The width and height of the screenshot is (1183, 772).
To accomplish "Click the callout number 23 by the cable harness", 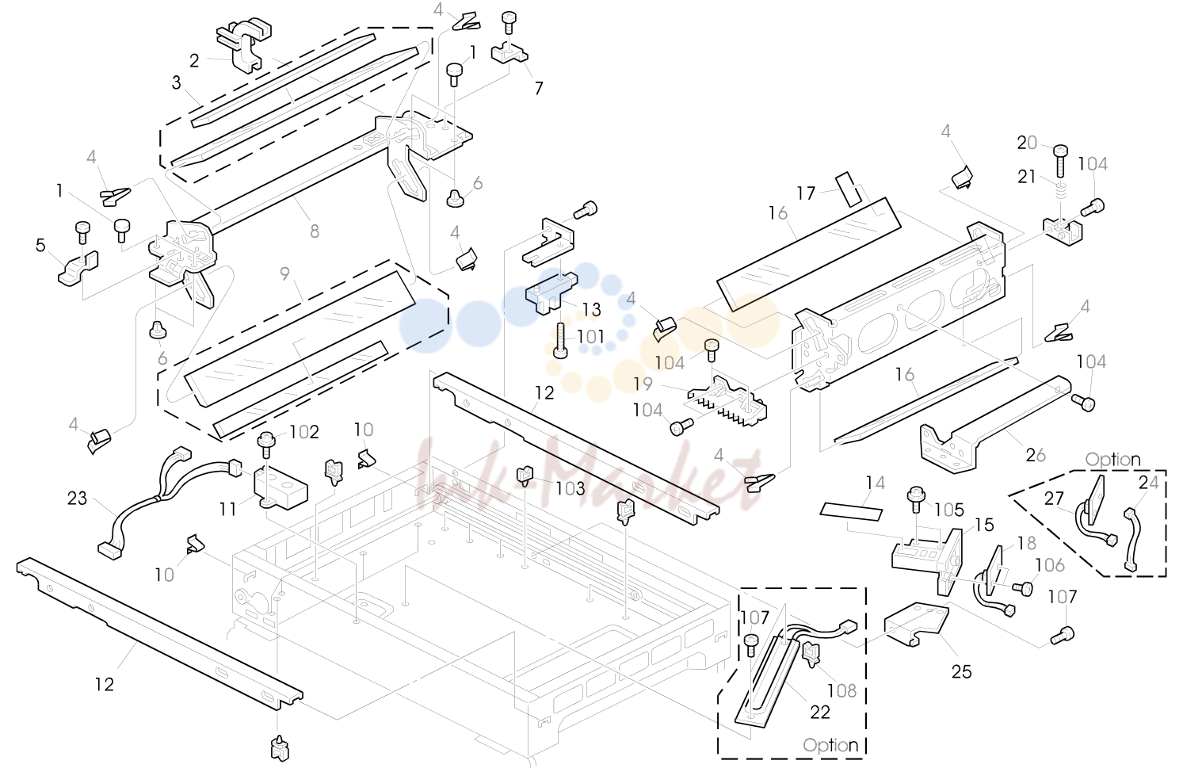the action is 77,499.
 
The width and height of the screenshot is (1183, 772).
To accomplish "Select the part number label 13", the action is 591,310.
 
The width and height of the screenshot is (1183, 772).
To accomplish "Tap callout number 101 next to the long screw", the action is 590,337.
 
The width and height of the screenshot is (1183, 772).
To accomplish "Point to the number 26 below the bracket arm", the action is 1036,455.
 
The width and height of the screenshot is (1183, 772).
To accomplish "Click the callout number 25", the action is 962,671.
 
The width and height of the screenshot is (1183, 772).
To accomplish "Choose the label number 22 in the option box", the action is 820,713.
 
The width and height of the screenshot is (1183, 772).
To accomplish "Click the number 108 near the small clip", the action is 841,690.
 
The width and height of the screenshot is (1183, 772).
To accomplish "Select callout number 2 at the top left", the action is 194,61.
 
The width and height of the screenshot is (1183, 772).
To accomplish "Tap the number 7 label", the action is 539,88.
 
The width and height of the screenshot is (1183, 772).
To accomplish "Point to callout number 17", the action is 806,194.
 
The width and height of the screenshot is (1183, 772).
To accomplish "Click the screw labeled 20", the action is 1060,160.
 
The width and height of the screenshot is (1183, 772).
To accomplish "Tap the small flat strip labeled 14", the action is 851,511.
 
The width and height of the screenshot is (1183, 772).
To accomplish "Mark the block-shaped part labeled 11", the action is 281,488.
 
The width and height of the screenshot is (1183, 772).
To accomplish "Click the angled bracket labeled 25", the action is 916,623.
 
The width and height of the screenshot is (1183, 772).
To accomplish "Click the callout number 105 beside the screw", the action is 949,510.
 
